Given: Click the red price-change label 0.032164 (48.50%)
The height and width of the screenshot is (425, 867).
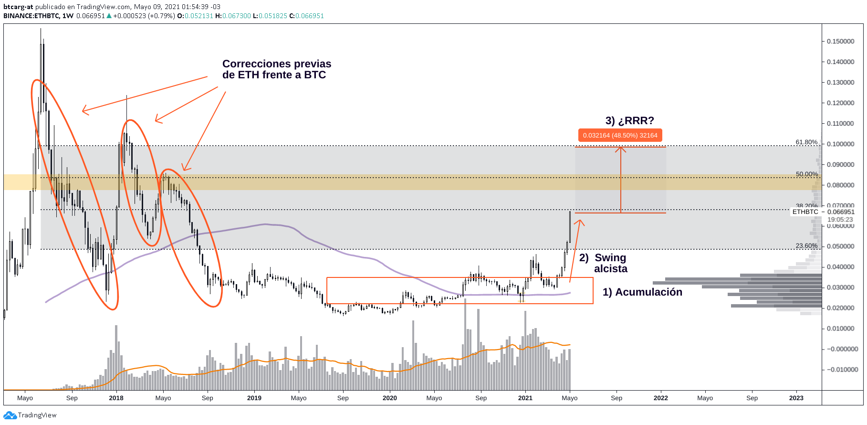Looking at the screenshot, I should pyautogui.click(x=620, y=136).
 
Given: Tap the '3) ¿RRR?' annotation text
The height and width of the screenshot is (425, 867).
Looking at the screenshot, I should pyautogui.click(x=629, y=121).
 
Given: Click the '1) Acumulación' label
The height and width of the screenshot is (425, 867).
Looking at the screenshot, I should pyautogui.click(x=642, y=292).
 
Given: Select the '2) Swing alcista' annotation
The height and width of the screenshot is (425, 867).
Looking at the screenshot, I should pyautogui.click(x=604, y=263).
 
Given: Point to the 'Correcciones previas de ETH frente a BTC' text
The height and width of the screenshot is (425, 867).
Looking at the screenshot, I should pyautogui.click(x=276, y=70).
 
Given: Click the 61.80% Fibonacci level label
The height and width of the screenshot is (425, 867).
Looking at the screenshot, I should pyautogui.click(x=806, y=142).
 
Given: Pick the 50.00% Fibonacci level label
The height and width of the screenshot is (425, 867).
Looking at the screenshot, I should pyautogui.click(x=806, y=174).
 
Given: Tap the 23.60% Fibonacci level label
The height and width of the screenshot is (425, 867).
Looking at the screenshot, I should pyautogui.click(x=806, y=246).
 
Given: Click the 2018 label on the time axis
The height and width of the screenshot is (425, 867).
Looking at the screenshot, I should pyautogui.click(x=116, y=398).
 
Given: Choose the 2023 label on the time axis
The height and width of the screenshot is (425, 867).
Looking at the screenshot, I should pyautogui.click(x=796, y=398).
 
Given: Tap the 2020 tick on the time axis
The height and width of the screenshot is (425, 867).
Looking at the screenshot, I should pyautogui.click(x=389, y=398).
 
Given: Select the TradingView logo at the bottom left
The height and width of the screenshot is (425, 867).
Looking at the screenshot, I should pyautogui.click(x=30, y=415).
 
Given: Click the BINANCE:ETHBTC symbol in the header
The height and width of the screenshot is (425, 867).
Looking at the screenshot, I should pyautogui.click(x=31, y=16).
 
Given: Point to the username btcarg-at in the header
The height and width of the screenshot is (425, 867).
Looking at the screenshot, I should pyautogui.click(x=18, y=7).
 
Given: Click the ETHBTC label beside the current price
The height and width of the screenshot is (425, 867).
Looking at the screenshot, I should pyautogui.click(x=805, y=212).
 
